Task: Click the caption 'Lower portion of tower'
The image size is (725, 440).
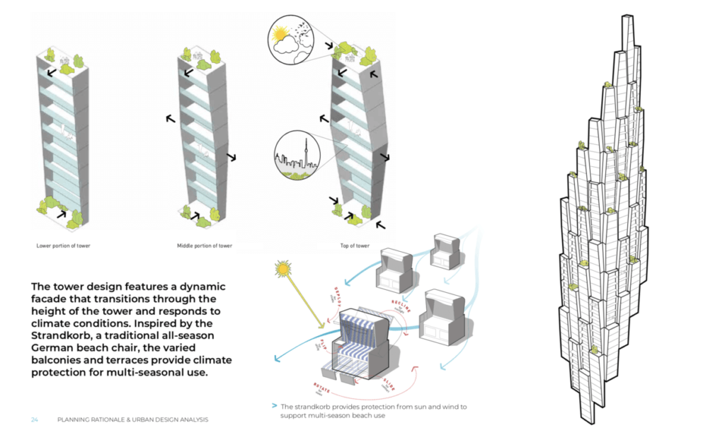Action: pos(63,245)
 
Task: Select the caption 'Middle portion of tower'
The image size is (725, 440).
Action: pos(205,245)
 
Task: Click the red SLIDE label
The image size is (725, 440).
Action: pos(390,385)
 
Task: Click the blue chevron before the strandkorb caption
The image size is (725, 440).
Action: pos(274,407)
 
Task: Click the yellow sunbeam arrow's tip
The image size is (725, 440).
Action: pos(324,329)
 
